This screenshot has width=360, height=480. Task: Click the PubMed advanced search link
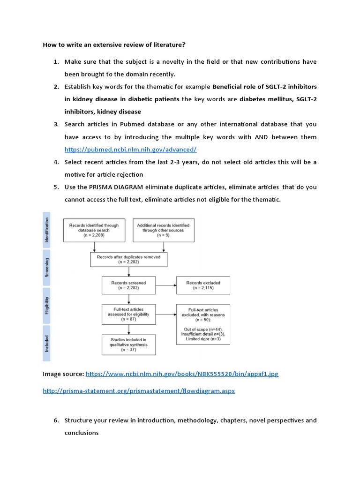pos(130,150)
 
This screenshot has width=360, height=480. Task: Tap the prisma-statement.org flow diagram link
pos(139,390)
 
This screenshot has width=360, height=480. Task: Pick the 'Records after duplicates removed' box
pos(128,260)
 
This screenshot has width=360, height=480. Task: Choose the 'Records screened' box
pos(128,285)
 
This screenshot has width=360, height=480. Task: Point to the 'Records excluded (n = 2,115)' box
pos(203,285)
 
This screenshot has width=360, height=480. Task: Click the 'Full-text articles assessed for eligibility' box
pos(128,314)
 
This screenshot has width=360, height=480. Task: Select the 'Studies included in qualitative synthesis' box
pos(128,345)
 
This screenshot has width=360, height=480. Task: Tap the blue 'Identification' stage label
pos(46,230)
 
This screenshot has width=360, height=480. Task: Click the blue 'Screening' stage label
pos(46,267)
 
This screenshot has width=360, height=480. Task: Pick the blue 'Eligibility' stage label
pos(46,305)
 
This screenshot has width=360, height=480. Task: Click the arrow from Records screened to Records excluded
pos(165,285)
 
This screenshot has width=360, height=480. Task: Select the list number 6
pos(55,420)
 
